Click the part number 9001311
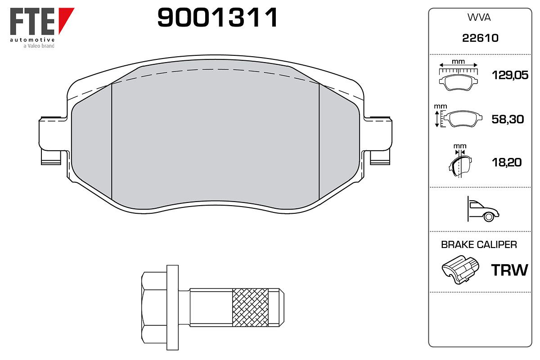coord(217,18)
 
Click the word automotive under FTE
coord(32,40)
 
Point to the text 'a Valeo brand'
coord(39,46)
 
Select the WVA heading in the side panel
coord(479,18)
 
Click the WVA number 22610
coord(480,38)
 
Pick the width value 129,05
coord(510,75)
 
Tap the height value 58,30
coord(508,119)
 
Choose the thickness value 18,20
coord(507,162)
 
